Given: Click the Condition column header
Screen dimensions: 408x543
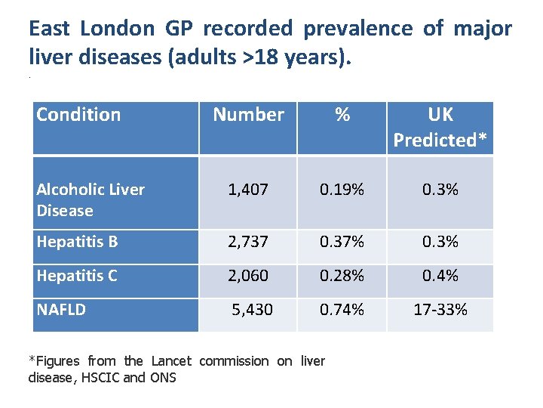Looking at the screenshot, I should click(78, 115).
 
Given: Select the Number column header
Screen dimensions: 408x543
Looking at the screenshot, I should click(248, 115).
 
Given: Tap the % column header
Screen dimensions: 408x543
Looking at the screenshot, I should click(342, 115).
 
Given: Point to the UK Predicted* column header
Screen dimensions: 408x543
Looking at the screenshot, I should click(440, 128).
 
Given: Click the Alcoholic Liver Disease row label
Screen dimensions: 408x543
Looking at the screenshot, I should click(90, 200).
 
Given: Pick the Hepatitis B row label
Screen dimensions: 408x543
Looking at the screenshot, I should click(77, 242).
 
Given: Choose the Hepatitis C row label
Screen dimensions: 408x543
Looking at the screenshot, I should click(77, 276).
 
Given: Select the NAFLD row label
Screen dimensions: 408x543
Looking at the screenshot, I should click(61, 310).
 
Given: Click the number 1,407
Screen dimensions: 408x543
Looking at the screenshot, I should click(248, 190).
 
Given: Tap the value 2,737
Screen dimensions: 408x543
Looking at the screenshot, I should click(248, 242).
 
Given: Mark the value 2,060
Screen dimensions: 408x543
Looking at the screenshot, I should click(248, 276).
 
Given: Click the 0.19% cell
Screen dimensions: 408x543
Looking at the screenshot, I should click(342, 190).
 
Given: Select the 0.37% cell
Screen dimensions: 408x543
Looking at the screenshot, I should click(342, 242).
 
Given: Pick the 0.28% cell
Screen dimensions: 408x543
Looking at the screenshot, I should click(342, 276).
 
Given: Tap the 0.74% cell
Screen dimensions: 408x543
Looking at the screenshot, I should click(342, 310).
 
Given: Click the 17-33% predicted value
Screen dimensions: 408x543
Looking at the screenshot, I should click(440, 310).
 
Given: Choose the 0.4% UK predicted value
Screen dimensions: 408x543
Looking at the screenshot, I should click(440, 276).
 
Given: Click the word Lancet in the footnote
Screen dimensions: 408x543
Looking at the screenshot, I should click(171, 361).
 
